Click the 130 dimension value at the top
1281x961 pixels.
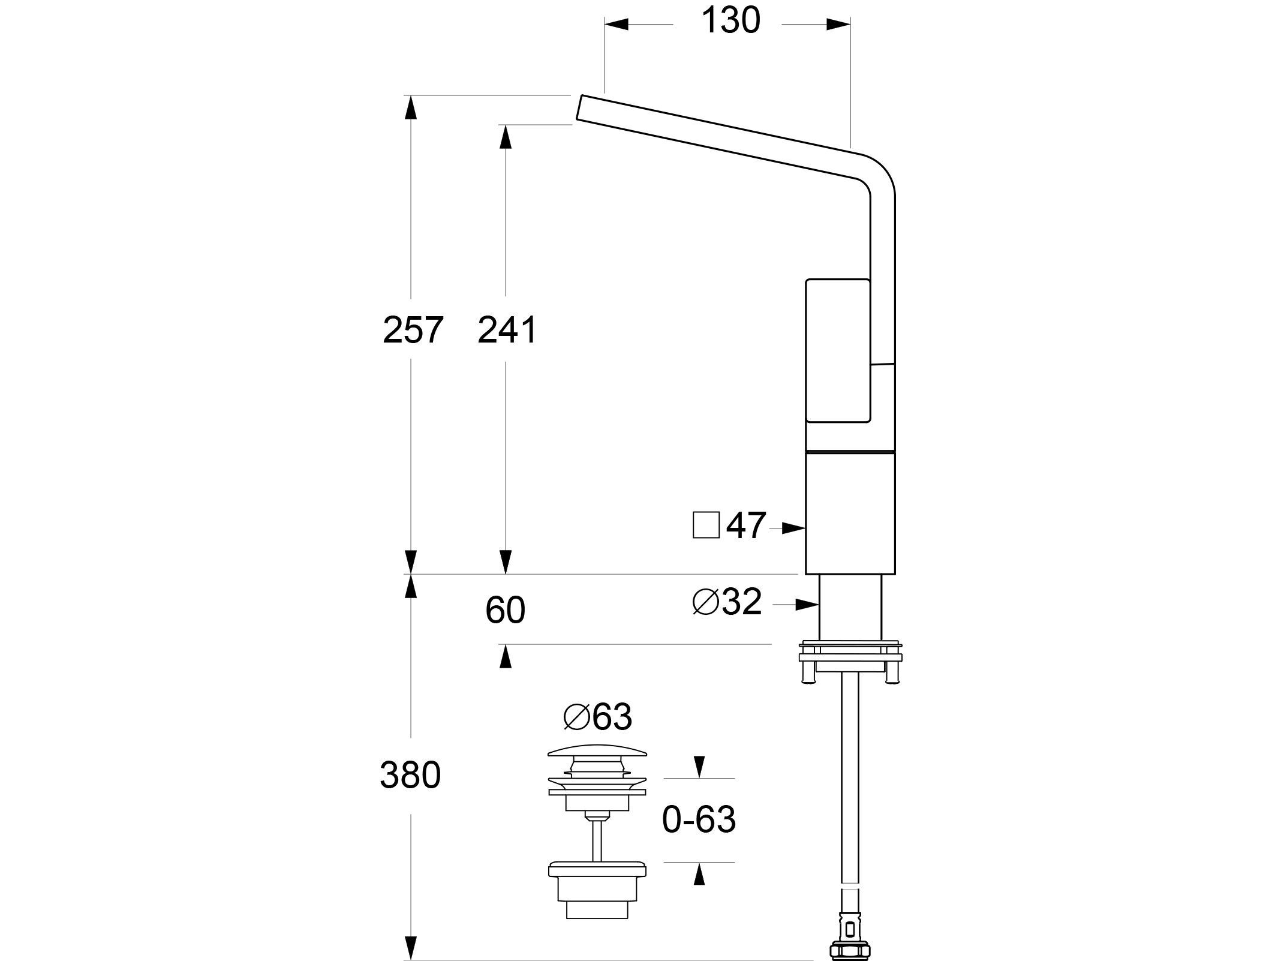[x=730, y=22]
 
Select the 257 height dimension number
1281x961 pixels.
[x=413, y=331]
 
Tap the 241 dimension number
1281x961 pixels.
[x=507, y=331]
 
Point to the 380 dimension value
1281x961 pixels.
[x=410, y=775]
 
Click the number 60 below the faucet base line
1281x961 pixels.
[x=505, y=611]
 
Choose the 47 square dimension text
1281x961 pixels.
[x=746, y=526]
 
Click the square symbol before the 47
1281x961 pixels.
[x=706, y=525]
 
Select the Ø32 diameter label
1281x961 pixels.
[x=727, y=602]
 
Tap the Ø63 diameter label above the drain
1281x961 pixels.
[x=598, y=717]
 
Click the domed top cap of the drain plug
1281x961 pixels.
[x=598, y=751]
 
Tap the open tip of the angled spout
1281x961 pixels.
[x=579, y=108]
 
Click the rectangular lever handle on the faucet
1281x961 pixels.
[x=837, y=350]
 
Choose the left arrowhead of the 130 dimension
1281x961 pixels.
[x=616, y=24]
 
